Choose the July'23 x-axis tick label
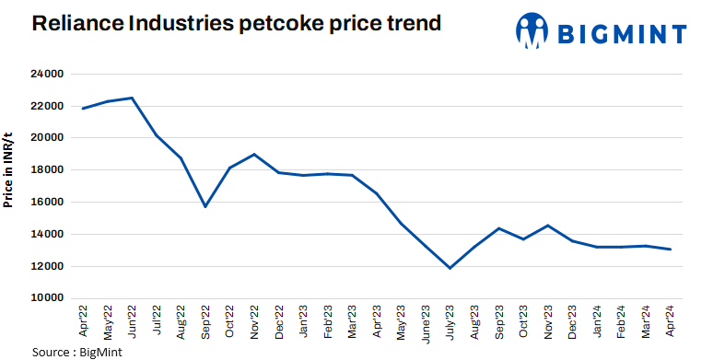coord(449,323)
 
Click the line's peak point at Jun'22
coord(132,98)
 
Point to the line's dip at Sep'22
coord(205,206)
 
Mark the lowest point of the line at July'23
coord(450,268)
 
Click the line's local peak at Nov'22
coord(253,154)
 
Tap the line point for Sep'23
coord(498,228)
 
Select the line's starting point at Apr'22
coord(83,109)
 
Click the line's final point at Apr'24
coord(669,250)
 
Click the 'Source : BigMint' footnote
coord(77,352)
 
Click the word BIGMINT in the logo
coord(623,34)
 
